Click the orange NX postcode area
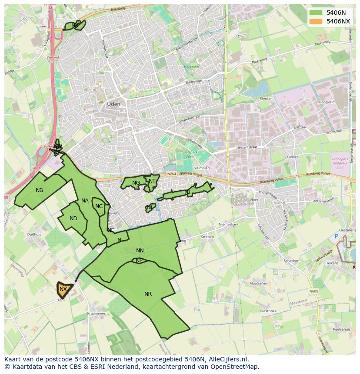coord(64,289)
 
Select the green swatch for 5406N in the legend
coord(316,13)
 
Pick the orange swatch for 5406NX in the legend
coord(316,21)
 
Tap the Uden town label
coord(113,104)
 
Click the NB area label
coord(40,190)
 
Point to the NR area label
coord(148,294)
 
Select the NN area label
coord(140,251)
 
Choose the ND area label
coord(73,218)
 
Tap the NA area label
coord(85,201)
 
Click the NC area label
coord(99,206)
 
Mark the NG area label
coord(136,183)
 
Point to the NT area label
coord(152,181)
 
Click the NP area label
coord(139,261)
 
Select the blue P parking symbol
coord(336,236)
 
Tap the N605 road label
coord(314,291)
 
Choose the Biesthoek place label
coord(268,311)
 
